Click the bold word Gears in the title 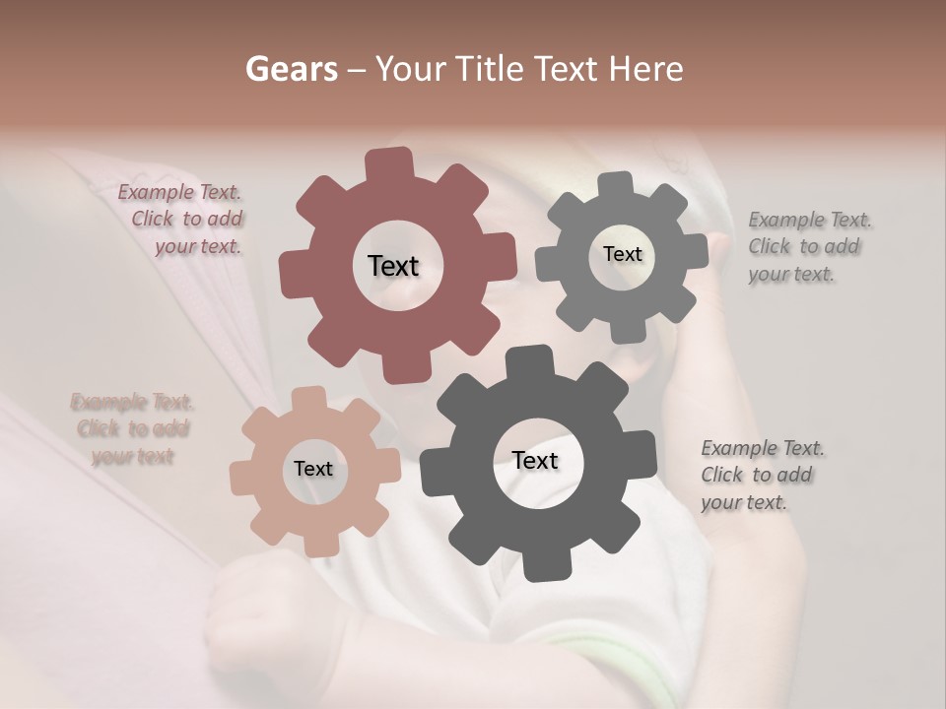click(x=288, y=69)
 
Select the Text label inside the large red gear click(x=393, y=266)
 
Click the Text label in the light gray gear click(x=622, y=254)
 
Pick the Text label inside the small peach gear click(x=312, y=470)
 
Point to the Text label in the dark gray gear click(x=535, y=461)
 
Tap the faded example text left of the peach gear click(x=131, y=429)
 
